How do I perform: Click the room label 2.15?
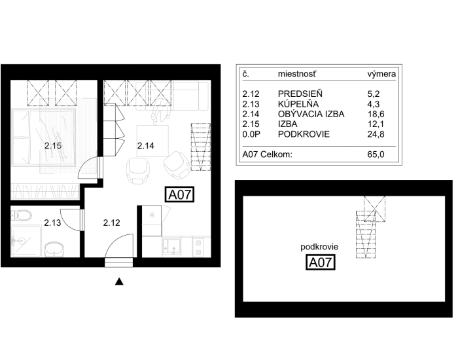(53, 145)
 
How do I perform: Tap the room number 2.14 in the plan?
(145, 145)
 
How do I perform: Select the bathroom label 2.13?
(52, 223)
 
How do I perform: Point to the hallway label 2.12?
(112, 223)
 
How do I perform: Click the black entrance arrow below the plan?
(119, 281)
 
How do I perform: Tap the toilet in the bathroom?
(22, 216)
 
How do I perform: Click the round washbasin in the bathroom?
(54, 249)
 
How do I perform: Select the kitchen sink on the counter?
(171, 247)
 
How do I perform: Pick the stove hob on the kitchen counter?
(198, 247)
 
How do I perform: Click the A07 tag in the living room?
(180, 194)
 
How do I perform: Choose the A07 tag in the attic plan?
(320, 262)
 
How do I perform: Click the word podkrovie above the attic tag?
(319, 247)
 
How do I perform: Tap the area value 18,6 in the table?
(376, 115)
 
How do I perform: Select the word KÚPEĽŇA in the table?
(298, 104)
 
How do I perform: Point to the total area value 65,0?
(376, 154)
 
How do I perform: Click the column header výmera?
(381, 74)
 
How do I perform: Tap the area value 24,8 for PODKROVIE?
(376, 134)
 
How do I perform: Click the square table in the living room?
(152, 141)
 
